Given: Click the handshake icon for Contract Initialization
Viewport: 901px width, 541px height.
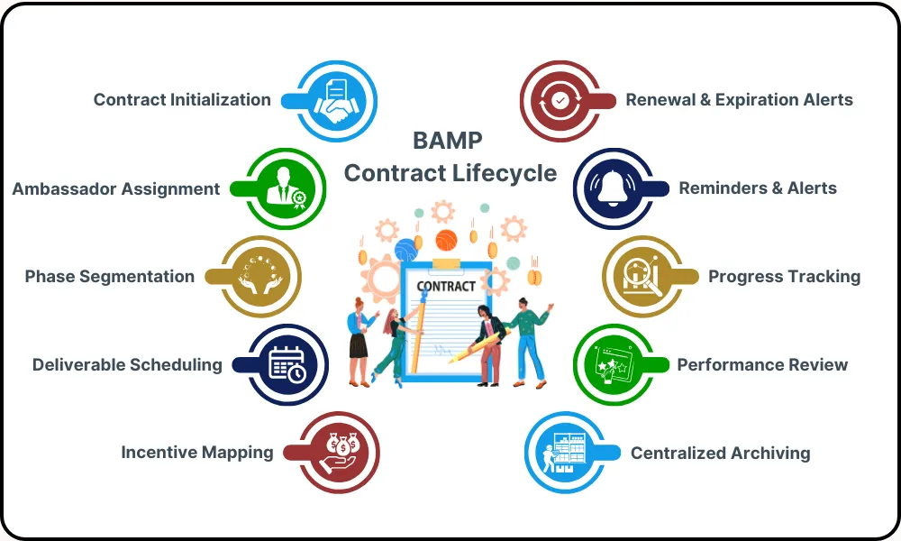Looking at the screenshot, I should (336, 101).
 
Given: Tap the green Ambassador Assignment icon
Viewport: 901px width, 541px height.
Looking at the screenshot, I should (286, 189).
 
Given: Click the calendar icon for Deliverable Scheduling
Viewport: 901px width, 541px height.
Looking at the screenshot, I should (287, 364).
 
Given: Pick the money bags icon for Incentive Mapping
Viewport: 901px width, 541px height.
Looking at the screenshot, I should (339, 453).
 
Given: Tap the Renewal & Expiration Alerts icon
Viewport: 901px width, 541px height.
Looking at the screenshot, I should (561, 101).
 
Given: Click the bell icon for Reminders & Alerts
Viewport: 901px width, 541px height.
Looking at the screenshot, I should (614, 189).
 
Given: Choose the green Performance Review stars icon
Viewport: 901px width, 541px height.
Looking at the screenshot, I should (614, 364).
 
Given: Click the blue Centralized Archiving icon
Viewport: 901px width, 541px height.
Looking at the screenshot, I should (564, 453).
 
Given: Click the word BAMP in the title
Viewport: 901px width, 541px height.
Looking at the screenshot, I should (447, 141).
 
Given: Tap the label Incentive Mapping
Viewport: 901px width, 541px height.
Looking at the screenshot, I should (197, 453).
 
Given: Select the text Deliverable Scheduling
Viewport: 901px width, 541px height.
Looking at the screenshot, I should (127, 365).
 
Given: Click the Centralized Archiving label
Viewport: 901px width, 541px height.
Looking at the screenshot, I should (720, 454).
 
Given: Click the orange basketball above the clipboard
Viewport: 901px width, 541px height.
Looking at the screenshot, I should (446, 241).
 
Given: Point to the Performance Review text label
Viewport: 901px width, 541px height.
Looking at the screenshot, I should (762, 365).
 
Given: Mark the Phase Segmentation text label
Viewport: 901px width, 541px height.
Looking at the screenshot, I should (109, 277).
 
